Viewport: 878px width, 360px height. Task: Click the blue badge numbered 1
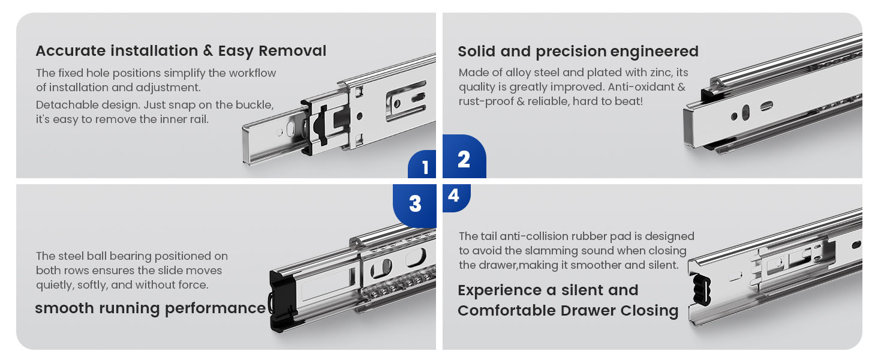click(422, 164)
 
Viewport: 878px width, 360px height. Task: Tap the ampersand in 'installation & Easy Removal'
click(208, 50)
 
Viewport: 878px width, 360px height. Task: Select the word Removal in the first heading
click(293, 51)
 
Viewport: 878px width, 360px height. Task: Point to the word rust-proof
click(486, 101)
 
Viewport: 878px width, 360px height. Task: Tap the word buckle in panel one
click(254, 105)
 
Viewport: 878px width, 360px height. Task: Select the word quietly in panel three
click(54, 285)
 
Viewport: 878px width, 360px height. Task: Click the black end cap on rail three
click(283, 301)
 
